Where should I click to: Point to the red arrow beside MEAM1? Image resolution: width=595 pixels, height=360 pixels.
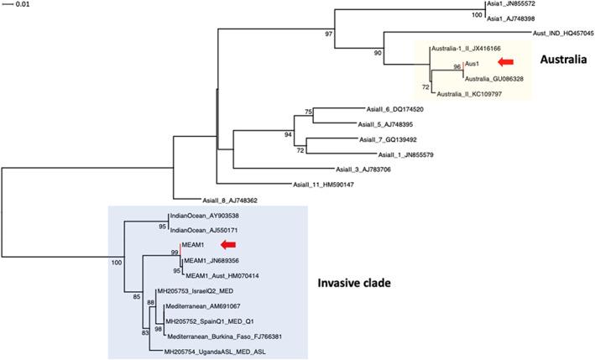227,244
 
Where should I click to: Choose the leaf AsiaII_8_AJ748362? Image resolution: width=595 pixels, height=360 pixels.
229,201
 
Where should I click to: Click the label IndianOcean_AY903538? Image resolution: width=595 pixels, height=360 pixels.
205,216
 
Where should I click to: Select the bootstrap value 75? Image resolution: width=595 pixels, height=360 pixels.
309,112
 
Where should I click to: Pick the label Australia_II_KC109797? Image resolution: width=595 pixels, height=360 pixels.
474,94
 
